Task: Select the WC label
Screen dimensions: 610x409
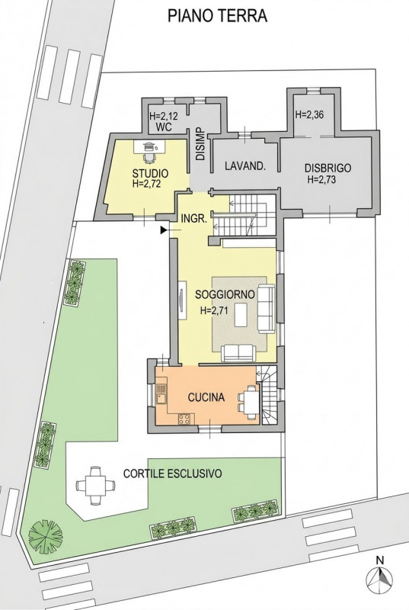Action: point(162,128)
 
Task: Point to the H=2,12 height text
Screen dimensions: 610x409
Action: point(164,117)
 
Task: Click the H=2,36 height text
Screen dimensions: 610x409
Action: point(309,116)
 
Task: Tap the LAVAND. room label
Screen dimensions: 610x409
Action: point(244,166)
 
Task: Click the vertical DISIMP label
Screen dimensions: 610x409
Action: point(200,143)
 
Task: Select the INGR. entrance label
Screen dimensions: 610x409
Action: point(193,218)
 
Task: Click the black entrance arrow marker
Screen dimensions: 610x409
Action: point(165,228)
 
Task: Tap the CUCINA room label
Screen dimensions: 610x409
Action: point(206,397)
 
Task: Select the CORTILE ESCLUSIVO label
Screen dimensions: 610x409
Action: point(173,474)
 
